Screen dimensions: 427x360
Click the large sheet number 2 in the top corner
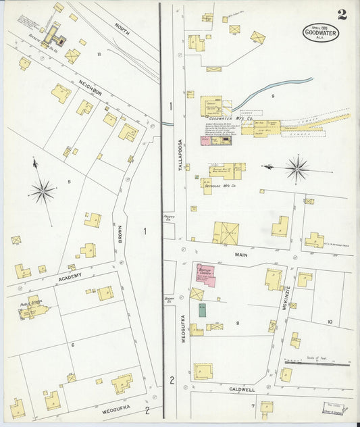[342, 14]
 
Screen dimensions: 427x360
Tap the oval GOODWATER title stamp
[320, 32]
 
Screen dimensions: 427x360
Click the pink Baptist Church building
[205, 274]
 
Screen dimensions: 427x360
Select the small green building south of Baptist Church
[202, 310]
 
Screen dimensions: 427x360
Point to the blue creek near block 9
[270, 91]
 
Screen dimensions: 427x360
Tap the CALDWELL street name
[241, 390]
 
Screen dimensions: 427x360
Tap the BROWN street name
[119, 233]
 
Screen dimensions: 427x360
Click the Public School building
[36, 308]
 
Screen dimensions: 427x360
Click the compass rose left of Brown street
[42, 191]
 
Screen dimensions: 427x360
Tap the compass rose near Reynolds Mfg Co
[296, 167]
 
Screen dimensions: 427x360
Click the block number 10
[330, 322]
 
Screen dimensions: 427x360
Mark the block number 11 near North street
[99, 54]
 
